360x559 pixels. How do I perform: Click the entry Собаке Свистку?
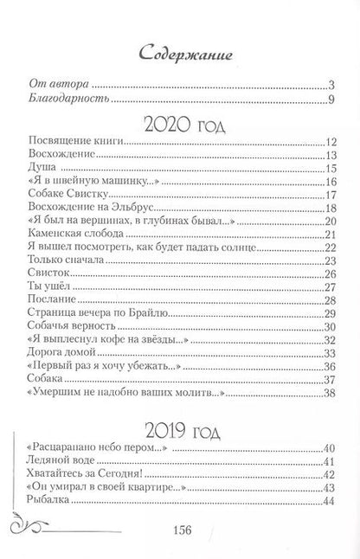click(61, 196)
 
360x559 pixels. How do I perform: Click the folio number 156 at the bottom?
click(181, 530)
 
